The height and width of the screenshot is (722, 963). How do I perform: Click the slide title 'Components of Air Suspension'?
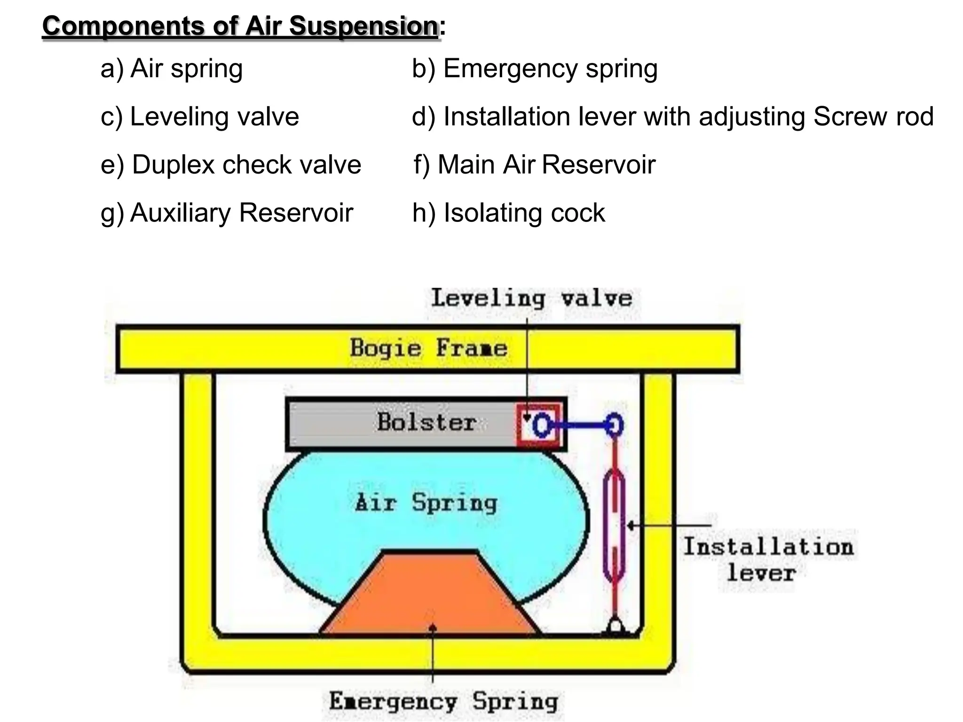click(241, 26)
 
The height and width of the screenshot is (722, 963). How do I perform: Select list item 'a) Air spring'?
click(172, 69)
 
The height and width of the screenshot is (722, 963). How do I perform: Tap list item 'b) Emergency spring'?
click(535, 69)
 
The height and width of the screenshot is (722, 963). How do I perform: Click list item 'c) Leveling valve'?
click(200, 117)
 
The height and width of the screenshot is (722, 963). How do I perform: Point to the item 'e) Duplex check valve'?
click(231, 165)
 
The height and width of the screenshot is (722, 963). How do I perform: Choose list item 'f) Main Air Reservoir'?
click(534, 165)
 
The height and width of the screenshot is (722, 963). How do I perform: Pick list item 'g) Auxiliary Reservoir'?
click(227, 213)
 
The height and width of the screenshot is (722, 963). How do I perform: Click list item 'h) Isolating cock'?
click(509, 213)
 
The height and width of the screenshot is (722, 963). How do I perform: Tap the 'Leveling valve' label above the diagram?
click(532, 298)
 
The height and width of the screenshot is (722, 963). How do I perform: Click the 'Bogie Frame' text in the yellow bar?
click(428, 348)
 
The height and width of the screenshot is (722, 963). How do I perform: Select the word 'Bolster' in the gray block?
click(426, 422)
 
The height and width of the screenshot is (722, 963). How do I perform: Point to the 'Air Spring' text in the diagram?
click(426, 503)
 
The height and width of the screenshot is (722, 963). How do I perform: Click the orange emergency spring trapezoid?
click(430, 597)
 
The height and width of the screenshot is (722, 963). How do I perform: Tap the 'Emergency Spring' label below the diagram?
click(443, 702)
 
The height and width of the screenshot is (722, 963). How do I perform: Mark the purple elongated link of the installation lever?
click(614, 526)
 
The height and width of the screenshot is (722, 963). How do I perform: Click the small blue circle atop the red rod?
click(614, 425)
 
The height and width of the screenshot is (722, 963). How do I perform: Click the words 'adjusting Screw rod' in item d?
click(816, 117)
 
